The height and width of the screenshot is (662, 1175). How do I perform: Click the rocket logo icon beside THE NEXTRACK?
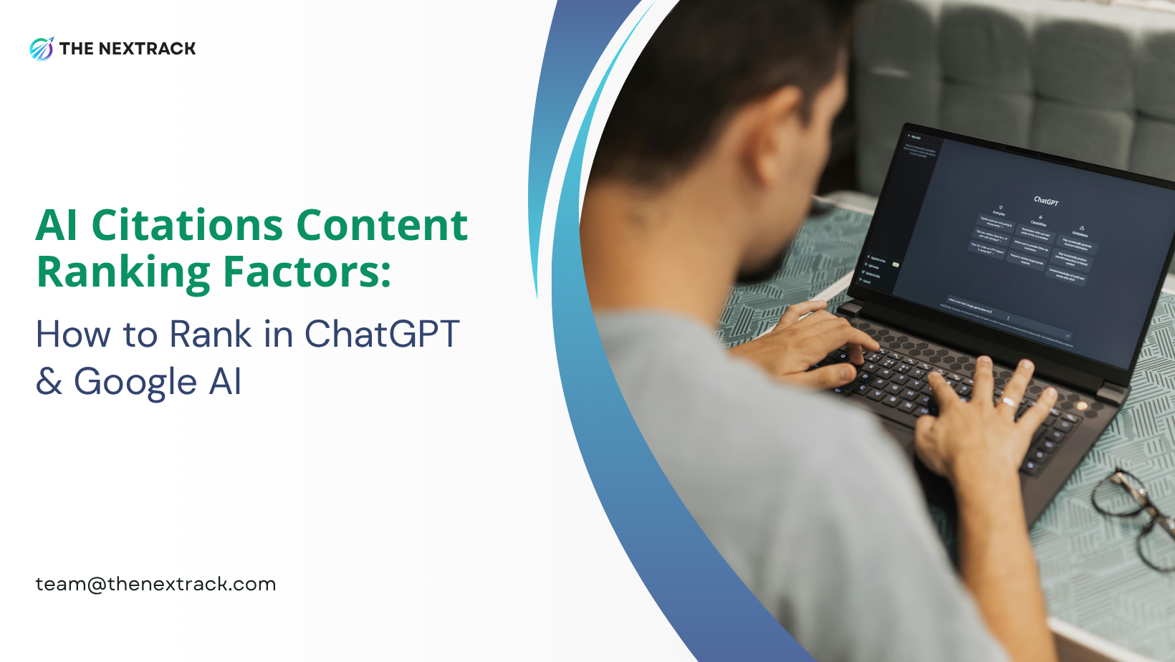click(42, 49)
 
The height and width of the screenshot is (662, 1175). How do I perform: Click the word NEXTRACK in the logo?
click(147, 49)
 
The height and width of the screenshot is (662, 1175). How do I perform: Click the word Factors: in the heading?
click(307, 272)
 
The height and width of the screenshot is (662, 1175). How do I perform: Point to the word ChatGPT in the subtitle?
click(382, 334)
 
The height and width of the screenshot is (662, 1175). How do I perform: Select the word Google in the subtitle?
click(135, 381)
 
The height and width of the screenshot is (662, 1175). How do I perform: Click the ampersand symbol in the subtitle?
click(49, 381)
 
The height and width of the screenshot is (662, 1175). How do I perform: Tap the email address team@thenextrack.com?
click(155, 584)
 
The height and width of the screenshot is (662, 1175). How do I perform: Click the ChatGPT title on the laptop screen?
click(1046, 201)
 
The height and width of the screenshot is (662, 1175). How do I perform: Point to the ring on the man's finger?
click(1008, 401)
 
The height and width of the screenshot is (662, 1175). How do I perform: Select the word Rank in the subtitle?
click(211, 334)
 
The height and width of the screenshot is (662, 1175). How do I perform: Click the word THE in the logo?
click(77, 49)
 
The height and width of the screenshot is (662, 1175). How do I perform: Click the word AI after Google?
click(225, 381)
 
